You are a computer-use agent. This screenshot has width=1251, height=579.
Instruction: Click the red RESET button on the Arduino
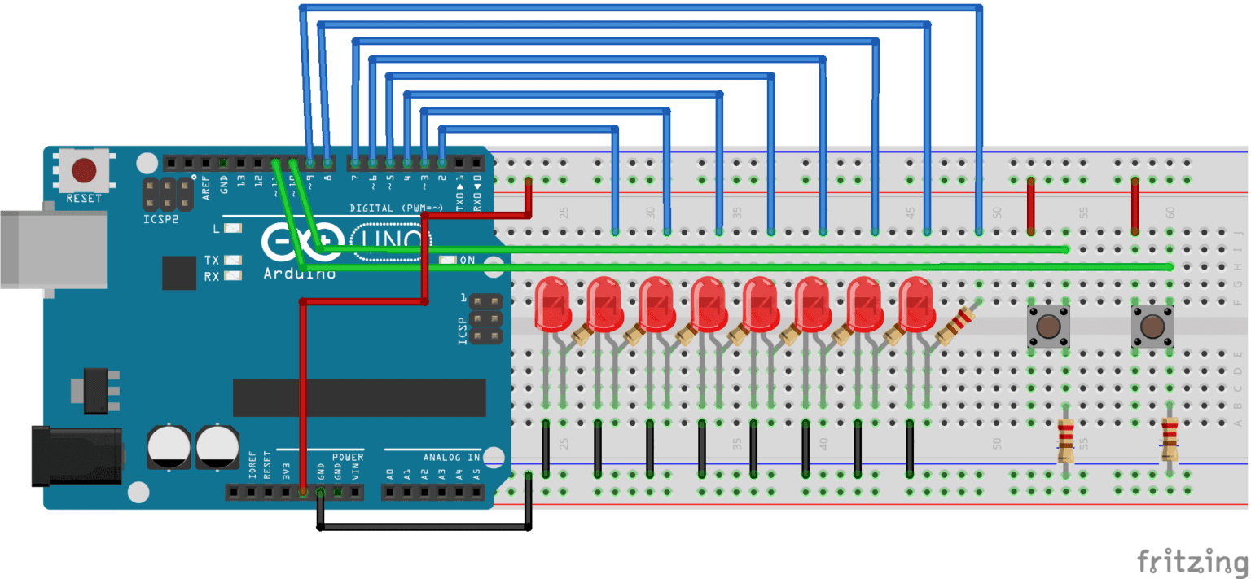[x=84, y=171]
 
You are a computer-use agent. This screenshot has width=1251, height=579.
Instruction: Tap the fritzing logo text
[x=1192, y=561]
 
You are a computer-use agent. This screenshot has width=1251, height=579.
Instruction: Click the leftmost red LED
[x=551, y=301]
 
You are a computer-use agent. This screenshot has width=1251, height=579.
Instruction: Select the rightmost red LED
[x=916, y=301]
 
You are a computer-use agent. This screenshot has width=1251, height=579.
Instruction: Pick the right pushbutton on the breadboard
[x=1152, y=327]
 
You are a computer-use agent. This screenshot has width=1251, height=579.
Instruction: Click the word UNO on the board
[x=391, y=239]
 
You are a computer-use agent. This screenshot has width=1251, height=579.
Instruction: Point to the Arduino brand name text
[x=299, y=274]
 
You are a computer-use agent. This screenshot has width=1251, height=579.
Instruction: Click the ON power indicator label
[x=467, y=261]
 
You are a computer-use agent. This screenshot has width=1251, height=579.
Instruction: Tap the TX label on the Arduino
[x=212, y=260]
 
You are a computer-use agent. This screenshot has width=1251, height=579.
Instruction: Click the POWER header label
[x=348, y=458]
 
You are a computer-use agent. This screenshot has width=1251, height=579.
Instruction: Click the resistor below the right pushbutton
[x=1170, y=440]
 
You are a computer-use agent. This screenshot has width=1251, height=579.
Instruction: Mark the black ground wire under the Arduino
[x=424, y=528]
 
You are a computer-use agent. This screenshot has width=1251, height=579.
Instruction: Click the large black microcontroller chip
[x=358, y=397]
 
